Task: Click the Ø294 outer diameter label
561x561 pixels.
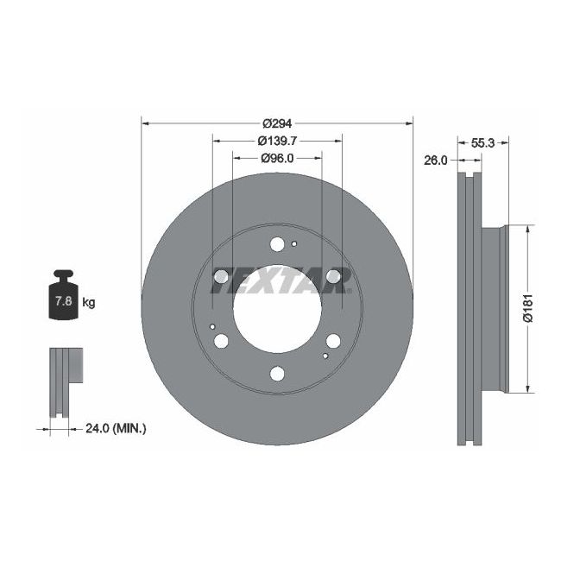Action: click(277, 123)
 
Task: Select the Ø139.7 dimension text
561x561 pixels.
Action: click(277, 141)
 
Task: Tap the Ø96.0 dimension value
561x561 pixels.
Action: click(277, 158)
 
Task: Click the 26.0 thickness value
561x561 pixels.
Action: click(435, 161)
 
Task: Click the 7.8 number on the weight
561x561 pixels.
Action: click(64, 302)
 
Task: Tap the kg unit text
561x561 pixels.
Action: click(89, 302)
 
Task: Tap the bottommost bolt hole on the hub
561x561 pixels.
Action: click(277, 373)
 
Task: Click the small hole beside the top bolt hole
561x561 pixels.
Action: click(294, 244)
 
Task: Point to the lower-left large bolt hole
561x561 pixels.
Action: click(221, 341)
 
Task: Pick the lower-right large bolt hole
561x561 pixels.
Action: click(333, 341)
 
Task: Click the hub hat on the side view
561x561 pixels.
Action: click(493, 308)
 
